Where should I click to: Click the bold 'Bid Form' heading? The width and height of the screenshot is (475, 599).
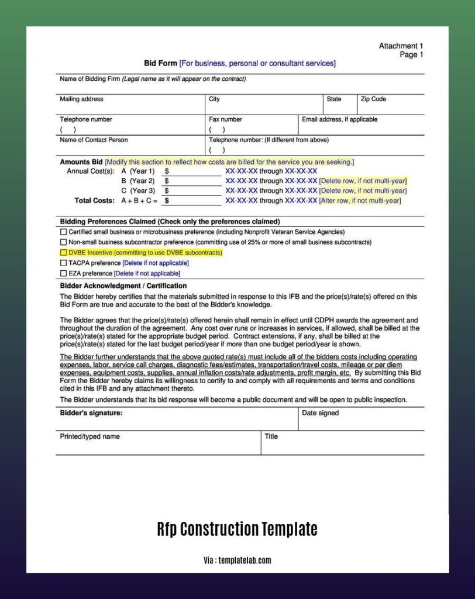tap(160, 63)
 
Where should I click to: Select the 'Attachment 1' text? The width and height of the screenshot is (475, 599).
tap(401, 46)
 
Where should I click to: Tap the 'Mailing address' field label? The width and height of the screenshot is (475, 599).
tap(81, 99)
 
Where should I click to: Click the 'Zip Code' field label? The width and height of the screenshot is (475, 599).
tap(373, 99)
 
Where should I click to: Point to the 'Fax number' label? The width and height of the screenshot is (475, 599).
tap(225, 119)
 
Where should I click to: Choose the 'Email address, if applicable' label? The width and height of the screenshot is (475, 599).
tap(339, 119)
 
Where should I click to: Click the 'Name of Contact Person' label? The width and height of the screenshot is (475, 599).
tap(94, 140)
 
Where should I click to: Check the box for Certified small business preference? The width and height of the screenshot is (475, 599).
tap(63, 232)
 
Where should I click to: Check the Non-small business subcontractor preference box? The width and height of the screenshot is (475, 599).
tap(63, 242)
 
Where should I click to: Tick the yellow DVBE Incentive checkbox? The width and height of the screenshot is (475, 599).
tap(63, 253)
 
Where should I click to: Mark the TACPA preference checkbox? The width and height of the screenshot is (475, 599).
tap(63, 263)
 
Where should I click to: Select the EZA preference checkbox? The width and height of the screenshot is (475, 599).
tap(63, 273)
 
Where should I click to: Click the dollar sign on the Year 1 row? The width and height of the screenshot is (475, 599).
tap(167, 171)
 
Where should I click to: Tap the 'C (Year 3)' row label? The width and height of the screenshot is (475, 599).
tap(138, 191)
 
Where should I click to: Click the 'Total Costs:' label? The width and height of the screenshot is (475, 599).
tap(95, 201)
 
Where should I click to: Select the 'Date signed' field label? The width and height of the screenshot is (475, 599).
tap(320, 413)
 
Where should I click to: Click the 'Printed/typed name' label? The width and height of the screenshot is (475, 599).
tap(90, 436)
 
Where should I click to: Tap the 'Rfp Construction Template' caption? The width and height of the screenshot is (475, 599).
tap(237, 529)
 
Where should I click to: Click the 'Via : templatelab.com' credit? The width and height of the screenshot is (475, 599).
tap(237, 560)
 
